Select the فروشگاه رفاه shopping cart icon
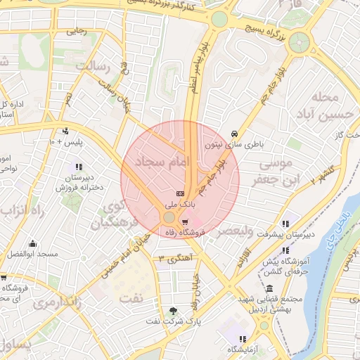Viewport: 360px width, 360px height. tap(185, 220)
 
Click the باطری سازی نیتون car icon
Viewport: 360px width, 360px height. tap(234, 134)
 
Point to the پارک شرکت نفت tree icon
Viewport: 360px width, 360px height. tap(173, 311)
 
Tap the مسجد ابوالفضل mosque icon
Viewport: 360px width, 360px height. tap(32, 244)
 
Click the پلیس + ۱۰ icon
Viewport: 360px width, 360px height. tap(65, 131)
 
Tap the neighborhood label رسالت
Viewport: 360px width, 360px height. tap(99, 67)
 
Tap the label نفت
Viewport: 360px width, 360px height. tap(130, 298)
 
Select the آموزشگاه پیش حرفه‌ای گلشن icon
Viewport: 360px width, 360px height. tap(285, 250)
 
